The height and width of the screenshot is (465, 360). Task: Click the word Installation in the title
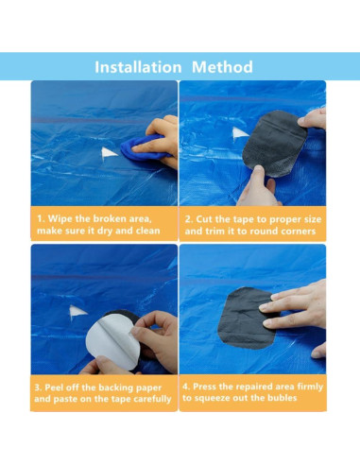coord(138,67)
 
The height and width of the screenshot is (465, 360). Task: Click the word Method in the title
coord(222,67)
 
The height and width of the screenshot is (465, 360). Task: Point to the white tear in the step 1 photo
coord(109,153)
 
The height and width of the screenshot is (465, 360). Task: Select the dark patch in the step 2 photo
coord(274,144)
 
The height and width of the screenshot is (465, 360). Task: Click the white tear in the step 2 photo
coord(240,132)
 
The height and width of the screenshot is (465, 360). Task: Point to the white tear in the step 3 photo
coord(77,312)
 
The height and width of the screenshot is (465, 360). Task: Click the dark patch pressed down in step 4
coord(246,319)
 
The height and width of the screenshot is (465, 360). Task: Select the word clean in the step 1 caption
coord(147,231)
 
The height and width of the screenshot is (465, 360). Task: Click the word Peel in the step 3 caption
coord(54,387)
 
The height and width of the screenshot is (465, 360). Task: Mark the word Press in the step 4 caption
coord(204,387)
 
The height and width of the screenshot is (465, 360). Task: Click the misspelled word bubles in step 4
coord(282,398)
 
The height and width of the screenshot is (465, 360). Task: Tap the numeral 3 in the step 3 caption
coord(37,387)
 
